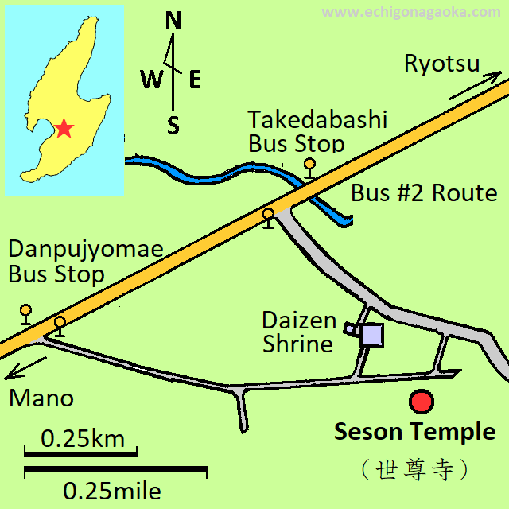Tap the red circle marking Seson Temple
[x=422, y=402]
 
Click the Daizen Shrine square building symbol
[x=371, y=334]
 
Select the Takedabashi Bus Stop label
[x=317, y=132]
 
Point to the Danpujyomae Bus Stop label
[x=85, y=262]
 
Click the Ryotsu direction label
[x=441, y=64]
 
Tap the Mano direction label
[x=41, y=398]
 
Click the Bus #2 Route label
[x=424, y=193]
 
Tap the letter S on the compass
[x=173, y=125]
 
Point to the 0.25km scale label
[x=83, y=438]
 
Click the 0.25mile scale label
[x=112, y=489]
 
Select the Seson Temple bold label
[x=414, y=433]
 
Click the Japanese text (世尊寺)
[x=414, y=470]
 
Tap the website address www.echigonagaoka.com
[x=412, y=12]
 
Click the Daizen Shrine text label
[x=298, y=332]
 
